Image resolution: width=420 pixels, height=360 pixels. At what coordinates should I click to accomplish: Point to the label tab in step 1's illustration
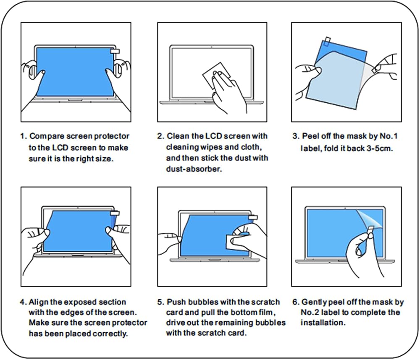pos(115,51)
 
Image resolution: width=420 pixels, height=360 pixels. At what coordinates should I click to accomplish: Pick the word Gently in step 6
pos(314,302)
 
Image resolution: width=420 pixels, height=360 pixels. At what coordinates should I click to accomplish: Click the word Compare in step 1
pos(45,136)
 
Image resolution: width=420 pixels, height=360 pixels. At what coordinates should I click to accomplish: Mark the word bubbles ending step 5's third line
pos(272,323)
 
